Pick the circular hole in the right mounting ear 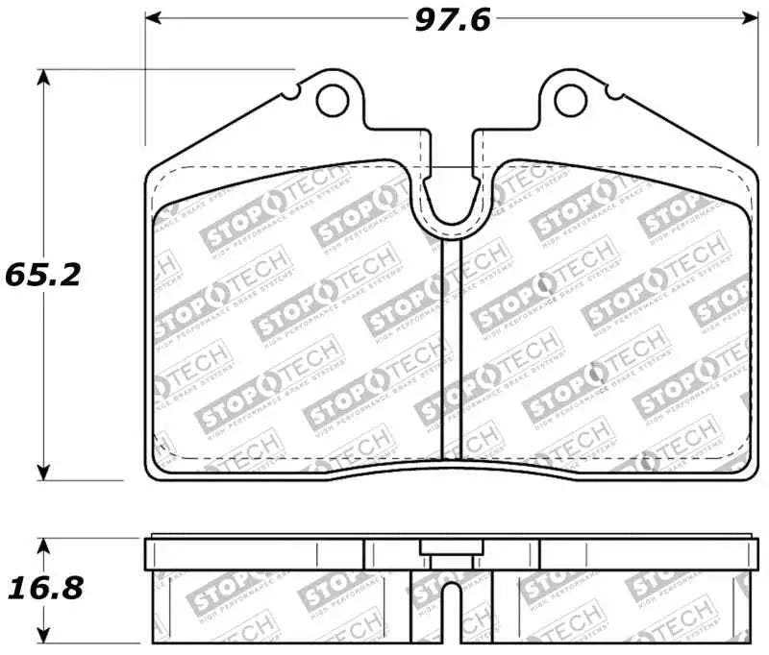(x=571, y=96)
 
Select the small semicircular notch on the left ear (x=291, y=94)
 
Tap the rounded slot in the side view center (x=451, y=605)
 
